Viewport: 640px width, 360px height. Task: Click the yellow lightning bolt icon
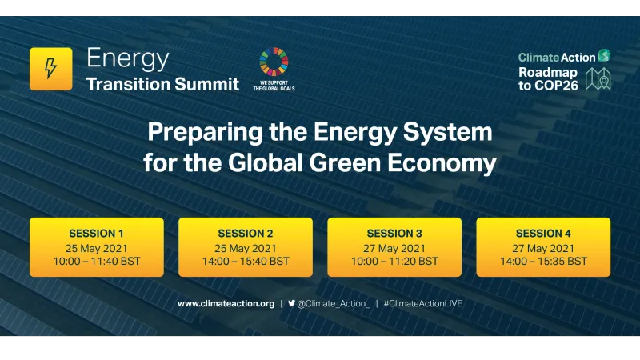pyautogui.click(x=50, y=69)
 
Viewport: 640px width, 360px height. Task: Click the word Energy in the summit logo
pyautogui.click(x=127, y=58)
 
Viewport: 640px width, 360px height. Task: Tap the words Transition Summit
pyautogui.click(x=162, y=84)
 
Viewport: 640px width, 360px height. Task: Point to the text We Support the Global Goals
pyautogui.click(x=274, y=85)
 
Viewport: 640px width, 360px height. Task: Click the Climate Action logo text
pyautogui.click(x=557, y=57)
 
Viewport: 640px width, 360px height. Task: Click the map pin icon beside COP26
pyautogui.click(x=599, y=78)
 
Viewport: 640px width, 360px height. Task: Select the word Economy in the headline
pyautogui.click(x=444, y=163)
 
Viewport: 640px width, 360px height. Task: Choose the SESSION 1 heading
pyautogui.click(x=96, y=234)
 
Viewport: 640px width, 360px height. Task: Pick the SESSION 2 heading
pyautogui.click(x=246, y=234)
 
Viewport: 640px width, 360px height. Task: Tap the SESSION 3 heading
pyautogui.click(x=394, y=234)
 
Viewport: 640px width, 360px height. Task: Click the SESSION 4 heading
pyautogui.click(x=543, y=234)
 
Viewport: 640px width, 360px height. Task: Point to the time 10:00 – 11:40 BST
pyautogui.click(x=96, y=261)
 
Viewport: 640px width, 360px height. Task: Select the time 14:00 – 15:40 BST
pyautogui.click(x=246, y=261)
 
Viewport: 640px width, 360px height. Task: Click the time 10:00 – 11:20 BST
pyautogui.click(x=394, y=261)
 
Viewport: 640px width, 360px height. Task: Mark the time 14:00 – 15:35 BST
pyautogui.click(x=543, y=261)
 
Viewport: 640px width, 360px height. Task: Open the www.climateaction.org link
pyautogui.click(x=226, y=304)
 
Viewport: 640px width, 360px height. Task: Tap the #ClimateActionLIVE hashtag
pyautogui.click(x=422, y=304)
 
